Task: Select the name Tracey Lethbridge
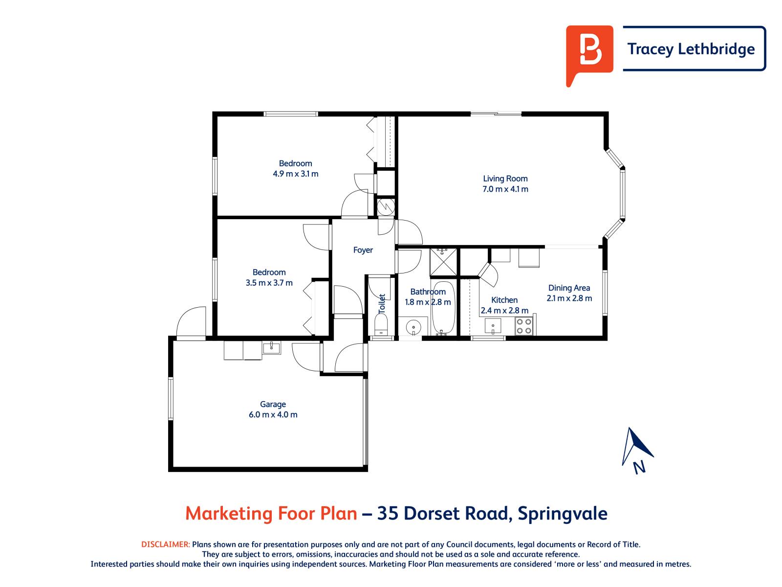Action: [x=691, y=49]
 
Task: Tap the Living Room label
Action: [x=505, y=179]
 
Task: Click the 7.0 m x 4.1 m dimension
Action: [x=505, y=189]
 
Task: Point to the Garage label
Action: [x=273, y=404]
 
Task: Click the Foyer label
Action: [x=363, y=250]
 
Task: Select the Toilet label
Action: [x=382, y=303]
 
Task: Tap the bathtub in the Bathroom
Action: [x=444, y=307]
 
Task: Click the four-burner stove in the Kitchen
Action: [x=524, y=326]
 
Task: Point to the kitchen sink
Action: [x=493, y=324]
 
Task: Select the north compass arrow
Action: [x=636, y=446]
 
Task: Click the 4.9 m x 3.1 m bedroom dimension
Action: [x=295, y=174]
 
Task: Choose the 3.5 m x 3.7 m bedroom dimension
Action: [x=269, y=282]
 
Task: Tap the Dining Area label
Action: [x=569, y=288]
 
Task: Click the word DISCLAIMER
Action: [x=165, y=544]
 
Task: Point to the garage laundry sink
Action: [x=271, y=348]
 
